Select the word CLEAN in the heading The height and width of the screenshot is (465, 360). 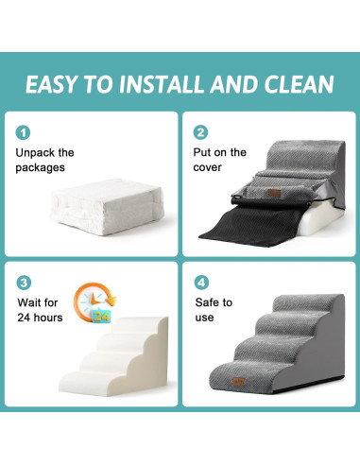coord(295,84)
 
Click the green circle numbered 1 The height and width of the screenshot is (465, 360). coord(22,133)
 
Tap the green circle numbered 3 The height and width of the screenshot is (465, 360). coord(22,282)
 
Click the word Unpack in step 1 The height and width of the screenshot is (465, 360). coord(35,152)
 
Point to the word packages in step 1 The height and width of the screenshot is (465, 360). coord(42,169)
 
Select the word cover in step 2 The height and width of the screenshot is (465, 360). coord(209,169)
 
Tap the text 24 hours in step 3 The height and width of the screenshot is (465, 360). coord(39,319)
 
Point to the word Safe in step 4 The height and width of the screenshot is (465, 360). coord(209,302)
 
